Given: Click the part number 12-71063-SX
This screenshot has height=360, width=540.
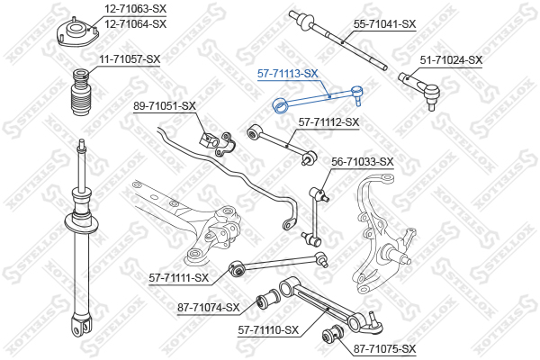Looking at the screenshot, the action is (135, 9).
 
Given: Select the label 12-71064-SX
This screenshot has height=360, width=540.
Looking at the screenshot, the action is (135, 24).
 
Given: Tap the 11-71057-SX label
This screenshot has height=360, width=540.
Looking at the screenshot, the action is (130, 59).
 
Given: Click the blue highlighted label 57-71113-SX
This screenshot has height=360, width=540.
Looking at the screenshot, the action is (288, 74).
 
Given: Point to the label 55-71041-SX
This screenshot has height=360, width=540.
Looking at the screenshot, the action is (384, 24).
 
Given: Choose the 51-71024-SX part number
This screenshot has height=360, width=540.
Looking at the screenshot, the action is (451, 60).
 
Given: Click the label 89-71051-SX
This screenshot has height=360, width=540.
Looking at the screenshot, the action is (165, 106).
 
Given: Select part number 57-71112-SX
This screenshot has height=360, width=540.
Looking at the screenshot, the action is (328, 122).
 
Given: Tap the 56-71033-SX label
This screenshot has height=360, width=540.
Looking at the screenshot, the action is (363, 162).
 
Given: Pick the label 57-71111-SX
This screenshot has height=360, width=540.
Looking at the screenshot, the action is (179, 278).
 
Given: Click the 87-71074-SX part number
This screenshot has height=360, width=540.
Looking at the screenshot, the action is (209, 307).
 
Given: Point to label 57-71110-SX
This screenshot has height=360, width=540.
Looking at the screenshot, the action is (268, 330).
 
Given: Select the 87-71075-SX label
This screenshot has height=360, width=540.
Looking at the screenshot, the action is (384, 349).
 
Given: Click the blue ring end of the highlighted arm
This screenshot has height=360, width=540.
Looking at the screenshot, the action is (280, 105).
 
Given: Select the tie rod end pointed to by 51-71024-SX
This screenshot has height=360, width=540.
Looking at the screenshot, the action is (421, 89).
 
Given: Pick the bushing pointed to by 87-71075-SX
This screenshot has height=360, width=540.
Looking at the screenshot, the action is (333, 335).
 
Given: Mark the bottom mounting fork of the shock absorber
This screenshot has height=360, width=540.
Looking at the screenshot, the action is (82, 325).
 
